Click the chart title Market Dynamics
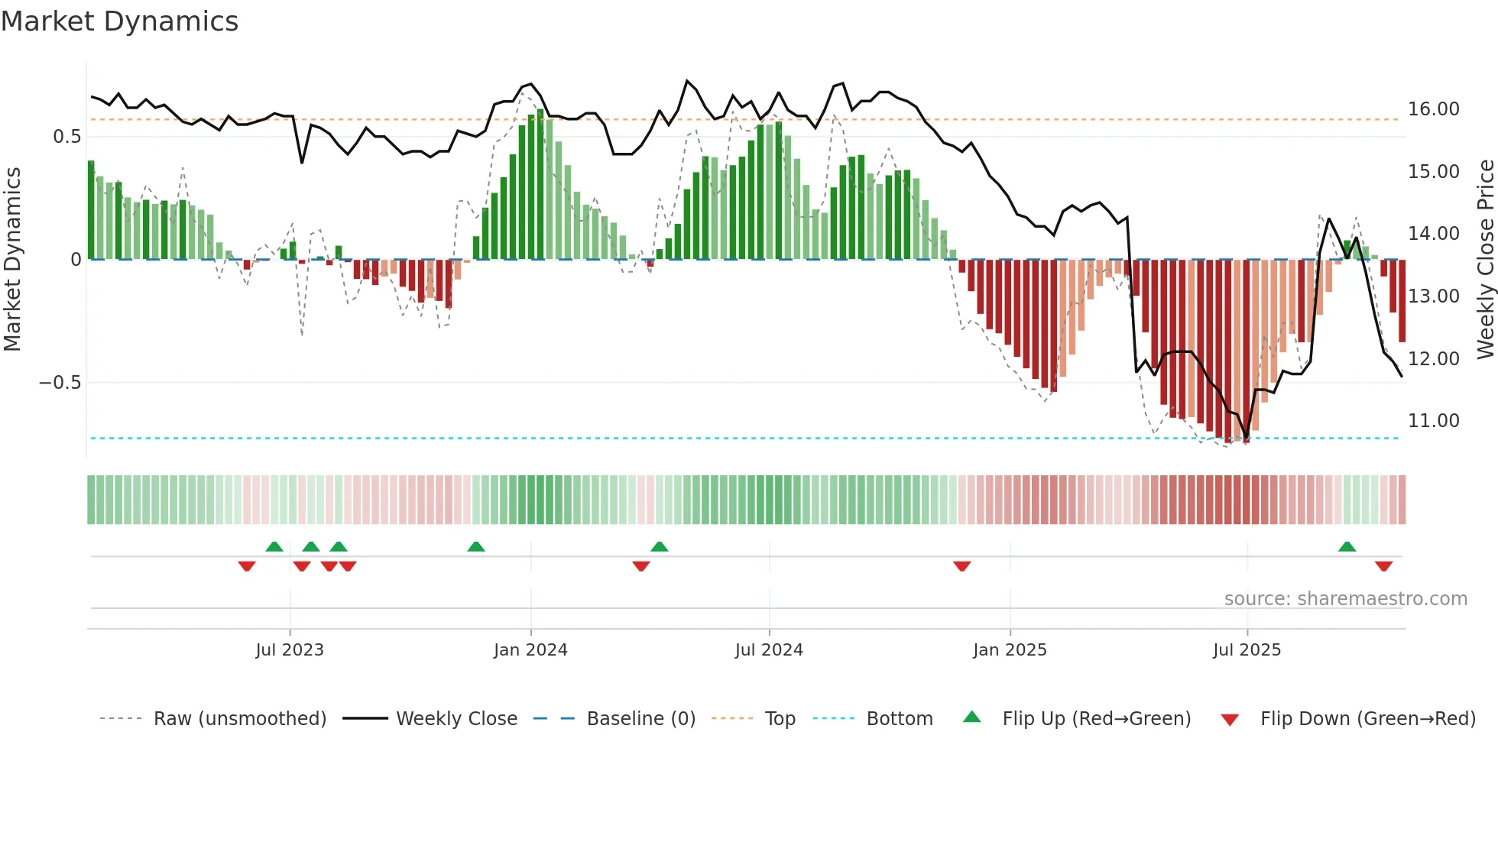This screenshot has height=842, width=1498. pos(119,21)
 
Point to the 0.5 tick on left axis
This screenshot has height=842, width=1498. pos(66,137)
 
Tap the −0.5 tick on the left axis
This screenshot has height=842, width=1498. pos(60,383)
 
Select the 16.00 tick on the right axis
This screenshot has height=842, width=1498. pos(1434,109)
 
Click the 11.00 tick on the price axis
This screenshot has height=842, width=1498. pos(1434,421)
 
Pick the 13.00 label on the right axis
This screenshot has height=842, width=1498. pos(1434,296)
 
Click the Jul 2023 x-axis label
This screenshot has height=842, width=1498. pos(290,650)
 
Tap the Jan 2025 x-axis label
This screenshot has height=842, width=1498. pos(1010,650)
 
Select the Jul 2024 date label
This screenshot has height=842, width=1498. pos(769,650)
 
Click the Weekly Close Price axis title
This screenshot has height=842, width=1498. pos(1485,260)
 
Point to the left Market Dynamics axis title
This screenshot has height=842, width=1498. pos(12,260)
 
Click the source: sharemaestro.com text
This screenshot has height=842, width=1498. pos(1345,599)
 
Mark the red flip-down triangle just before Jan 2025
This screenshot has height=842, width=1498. pos(961,566)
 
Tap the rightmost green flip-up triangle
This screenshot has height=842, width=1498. pos(1347,547)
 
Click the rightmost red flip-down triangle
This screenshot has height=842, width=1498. pos(1383,566)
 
